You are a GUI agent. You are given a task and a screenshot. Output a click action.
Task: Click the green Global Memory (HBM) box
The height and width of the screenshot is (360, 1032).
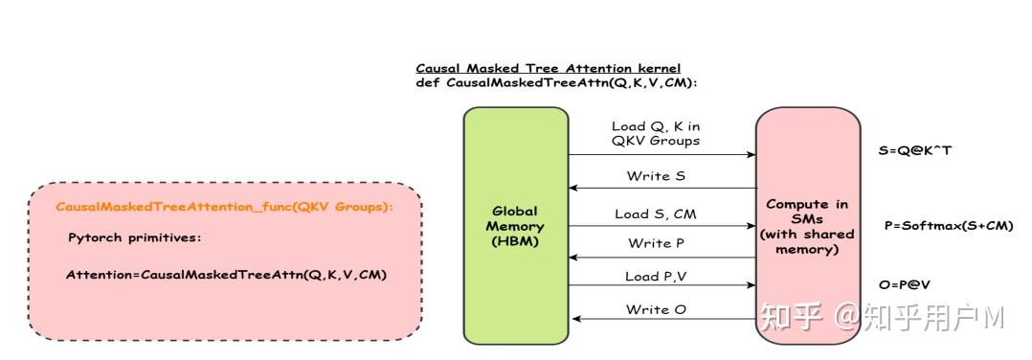click(x=516, y=226)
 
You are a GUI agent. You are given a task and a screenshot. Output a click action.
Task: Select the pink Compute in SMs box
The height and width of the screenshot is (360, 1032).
click(x=808, y=226)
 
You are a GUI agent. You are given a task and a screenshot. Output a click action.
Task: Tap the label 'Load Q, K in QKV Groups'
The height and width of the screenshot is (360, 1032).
click(x=656, y=133)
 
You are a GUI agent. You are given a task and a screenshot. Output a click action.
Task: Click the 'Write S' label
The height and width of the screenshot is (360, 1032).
click(x=656, y=176)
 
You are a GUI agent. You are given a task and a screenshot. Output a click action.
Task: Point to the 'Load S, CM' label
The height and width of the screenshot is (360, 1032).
click(x=656, y=214)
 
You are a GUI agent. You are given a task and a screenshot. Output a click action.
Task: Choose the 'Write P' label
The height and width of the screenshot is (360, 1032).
click(x=656, y=243)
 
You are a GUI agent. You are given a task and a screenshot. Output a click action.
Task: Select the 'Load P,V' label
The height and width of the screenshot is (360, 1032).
click(x=656, y=277)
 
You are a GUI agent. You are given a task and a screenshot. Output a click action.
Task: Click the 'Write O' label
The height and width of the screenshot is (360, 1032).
click(x=656, y=309)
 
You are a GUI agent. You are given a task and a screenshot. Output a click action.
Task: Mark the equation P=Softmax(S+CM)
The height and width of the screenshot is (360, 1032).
click(x=949, y=226)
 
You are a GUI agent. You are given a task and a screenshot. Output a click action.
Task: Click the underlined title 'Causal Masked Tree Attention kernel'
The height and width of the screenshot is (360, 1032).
click(x=548, y=68)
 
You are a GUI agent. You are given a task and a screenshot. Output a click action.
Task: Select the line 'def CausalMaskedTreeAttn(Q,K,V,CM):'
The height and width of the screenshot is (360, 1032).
click(x=556, y=82)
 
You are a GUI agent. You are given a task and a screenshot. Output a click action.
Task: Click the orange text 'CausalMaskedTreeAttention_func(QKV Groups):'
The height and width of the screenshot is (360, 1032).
click(x=225, y=207)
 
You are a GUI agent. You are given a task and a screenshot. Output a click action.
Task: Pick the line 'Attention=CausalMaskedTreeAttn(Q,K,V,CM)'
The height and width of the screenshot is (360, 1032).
click(x=225, y=275)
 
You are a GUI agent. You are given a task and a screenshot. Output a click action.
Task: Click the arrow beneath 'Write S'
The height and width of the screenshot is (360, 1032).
click(x=662, y=189)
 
